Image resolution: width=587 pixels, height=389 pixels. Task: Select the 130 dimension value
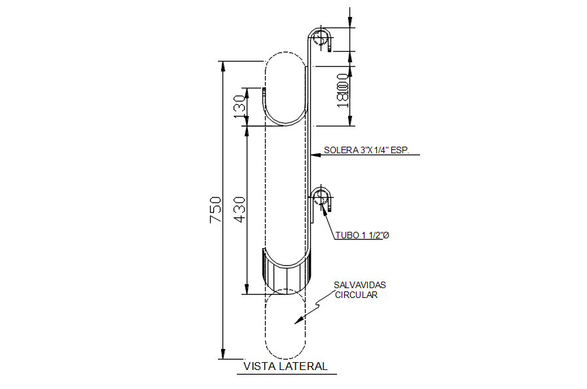tap(240, 105)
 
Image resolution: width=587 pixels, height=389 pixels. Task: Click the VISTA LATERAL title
tap(285, 367)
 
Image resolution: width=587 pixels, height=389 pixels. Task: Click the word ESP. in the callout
tap(398, 150)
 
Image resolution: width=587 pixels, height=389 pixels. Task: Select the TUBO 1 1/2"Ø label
tap(363, 235)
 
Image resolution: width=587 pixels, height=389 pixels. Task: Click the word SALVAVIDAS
tap(359, 286)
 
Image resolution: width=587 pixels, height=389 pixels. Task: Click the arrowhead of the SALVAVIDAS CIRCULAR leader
tap(297, 320)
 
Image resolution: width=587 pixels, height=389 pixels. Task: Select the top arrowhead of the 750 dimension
tap(222, 66)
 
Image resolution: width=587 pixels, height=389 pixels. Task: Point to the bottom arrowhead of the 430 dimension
tap(247, 289)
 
